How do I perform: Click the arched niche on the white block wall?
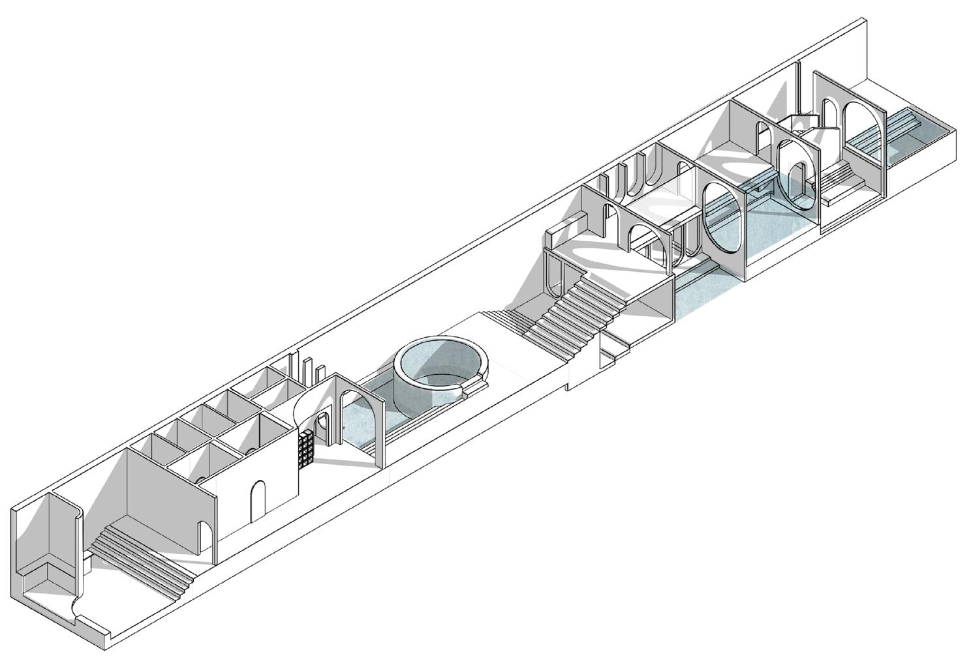258,502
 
